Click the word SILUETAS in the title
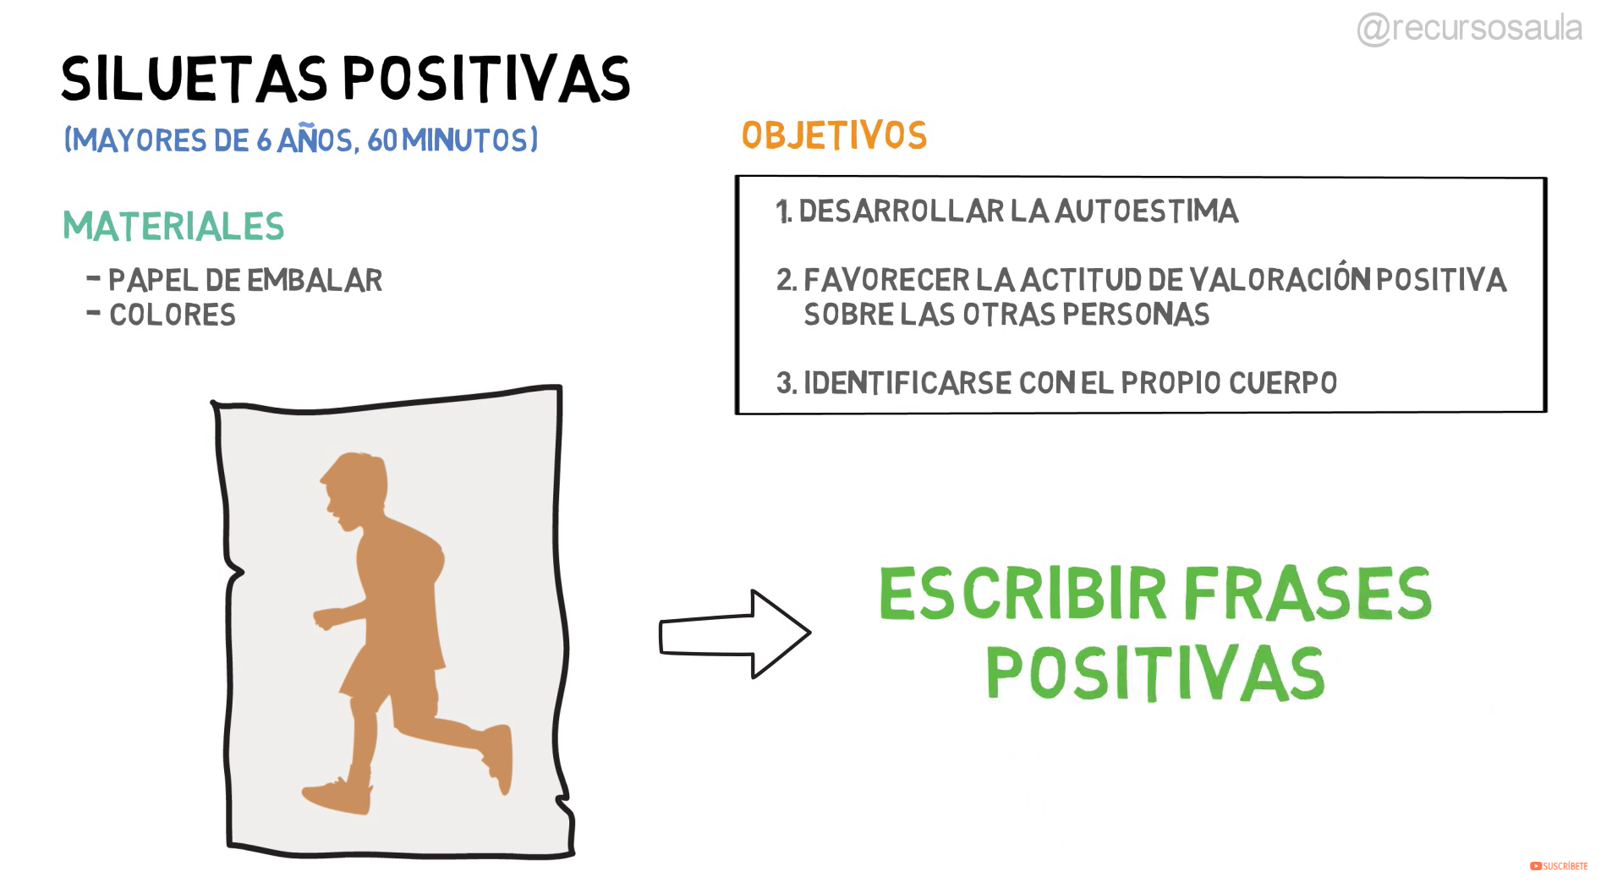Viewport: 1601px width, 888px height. [x=195, y=79]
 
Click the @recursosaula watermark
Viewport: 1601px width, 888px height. [x=1470, y=28]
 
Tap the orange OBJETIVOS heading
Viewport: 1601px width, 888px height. [x=834, y=135]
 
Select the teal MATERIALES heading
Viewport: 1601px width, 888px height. [x=173, y=227]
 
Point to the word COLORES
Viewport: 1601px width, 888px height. [x=173, y=315]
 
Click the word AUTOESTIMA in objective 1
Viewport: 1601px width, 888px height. [x=1147, y=211]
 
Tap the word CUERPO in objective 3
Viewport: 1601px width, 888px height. [x=1283, y=382]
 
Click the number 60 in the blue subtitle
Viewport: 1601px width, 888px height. [x=382, y=140]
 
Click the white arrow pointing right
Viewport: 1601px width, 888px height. [x=735, y=633]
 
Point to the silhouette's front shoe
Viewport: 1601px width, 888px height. [x=337, y=796]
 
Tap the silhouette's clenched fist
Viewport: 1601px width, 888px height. [x=326, y=618]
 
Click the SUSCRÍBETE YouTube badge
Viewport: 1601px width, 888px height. [x=1559, y=866]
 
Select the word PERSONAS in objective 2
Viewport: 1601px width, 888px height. [x=1136, y=315]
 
